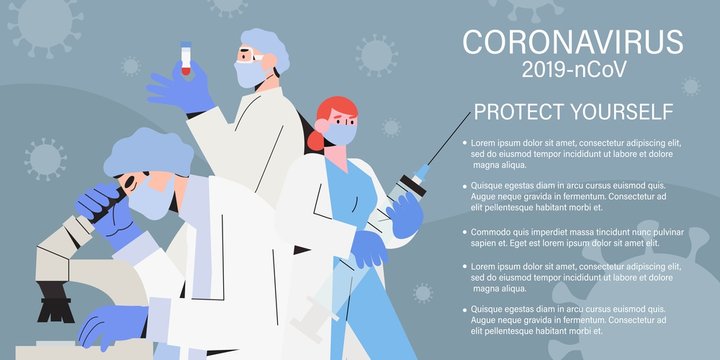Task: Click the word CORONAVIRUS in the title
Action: coord(573,41)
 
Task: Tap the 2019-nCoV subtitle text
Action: coord(573,70)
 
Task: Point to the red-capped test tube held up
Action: coord(185,58)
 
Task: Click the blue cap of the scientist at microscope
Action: coord(148,150)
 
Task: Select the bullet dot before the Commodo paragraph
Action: coord(465,231)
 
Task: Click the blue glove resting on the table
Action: coord(108,324)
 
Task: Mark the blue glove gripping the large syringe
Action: coord(406,216)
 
